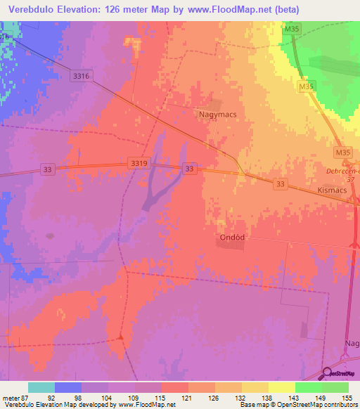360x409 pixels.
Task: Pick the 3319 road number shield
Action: (x=139, y=163)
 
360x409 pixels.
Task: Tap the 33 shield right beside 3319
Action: (x=188, y=169)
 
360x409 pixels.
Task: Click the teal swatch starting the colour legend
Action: (x=41, y=387)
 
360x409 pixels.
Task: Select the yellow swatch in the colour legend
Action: (x=281, y=387)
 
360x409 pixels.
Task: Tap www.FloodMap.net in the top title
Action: (x=228, y=10)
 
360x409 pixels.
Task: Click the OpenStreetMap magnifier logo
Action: (x=328, y=374)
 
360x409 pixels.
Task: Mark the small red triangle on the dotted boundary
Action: (x=121, y=337)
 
